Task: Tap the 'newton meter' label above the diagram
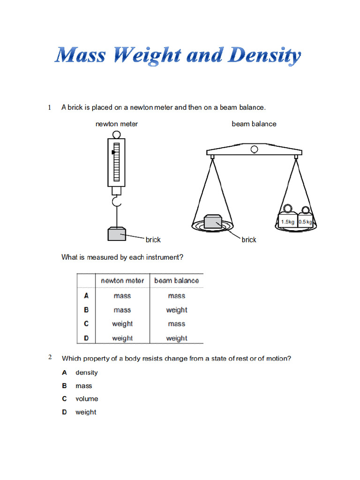(x=117, y=124)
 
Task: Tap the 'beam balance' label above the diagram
(x=254, y=124)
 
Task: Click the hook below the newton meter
(x=116, y=202)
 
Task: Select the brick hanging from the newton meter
(x=117, y=233)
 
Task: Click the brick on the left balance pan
(x=213, y=222)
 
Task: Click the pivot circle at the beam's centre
(x=254, y=150)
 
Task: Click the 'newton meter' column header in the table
(x=122, y=280)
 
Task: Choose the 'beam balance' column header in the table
(x=176, y=280)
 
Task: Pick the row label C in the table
(x=86, y=323)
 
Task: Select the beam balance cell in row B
(x=176, y=310)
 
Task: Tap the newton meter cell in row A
(x=122, y=296)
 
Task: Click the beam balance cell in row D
(x=176, y=338)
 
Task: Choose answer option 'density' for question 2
(x=87, y=373)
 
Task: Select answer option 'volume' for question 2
(x=87, y=399)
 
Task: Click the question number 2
(x=50, y=358)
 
